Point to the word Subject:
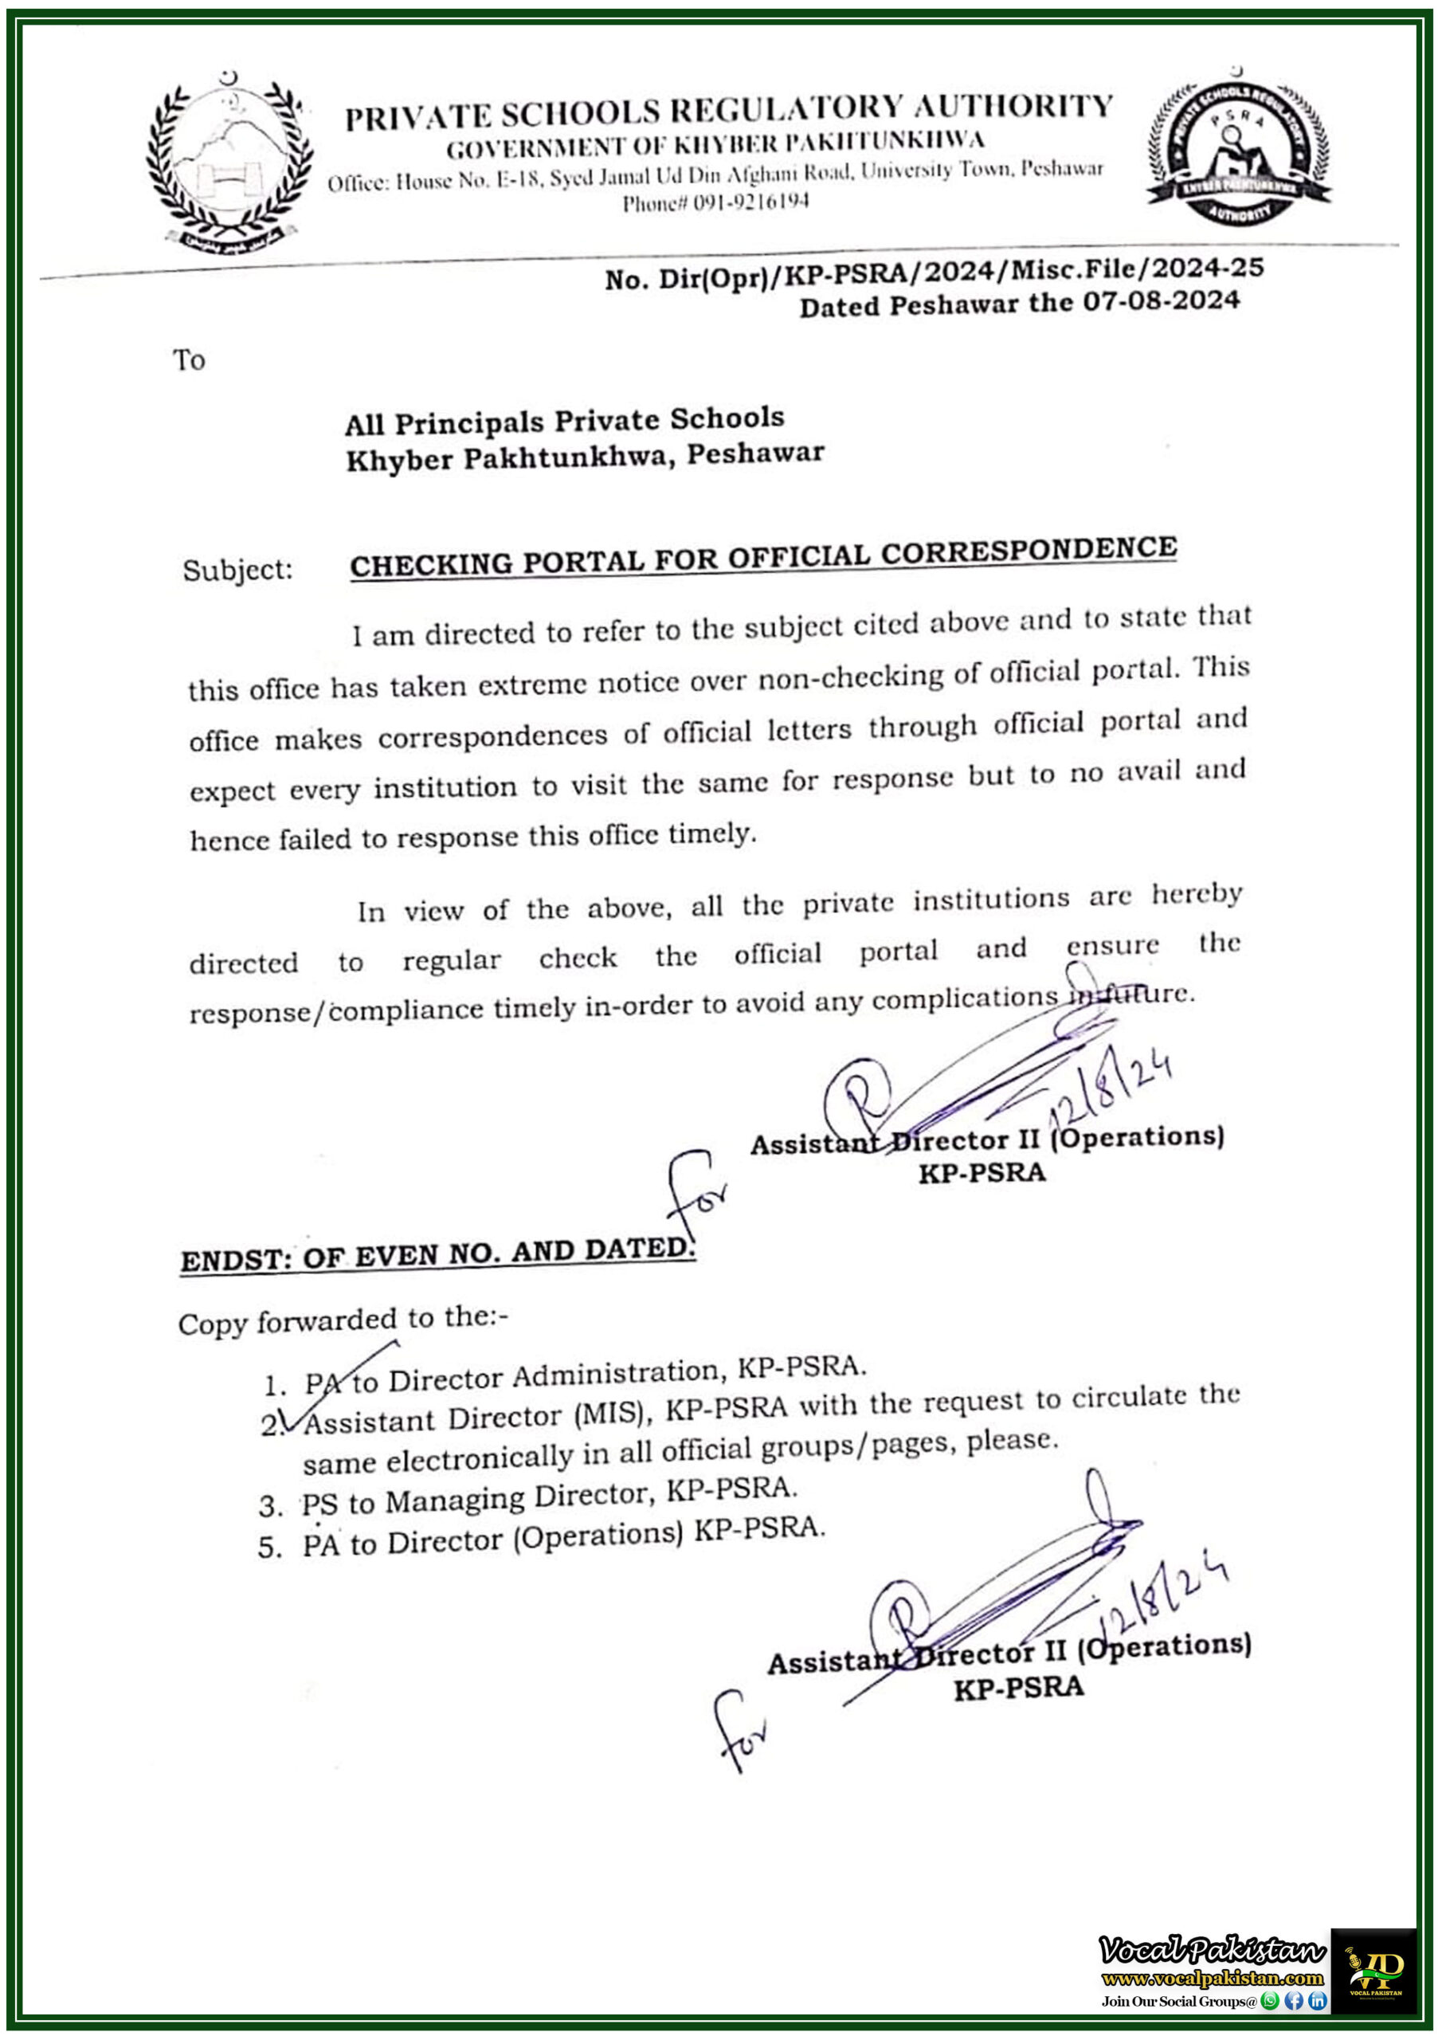237,570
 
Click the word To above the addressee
188,360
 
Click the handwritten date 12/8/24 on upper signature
1111,1089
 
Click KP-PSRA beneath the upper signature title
982,1173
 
